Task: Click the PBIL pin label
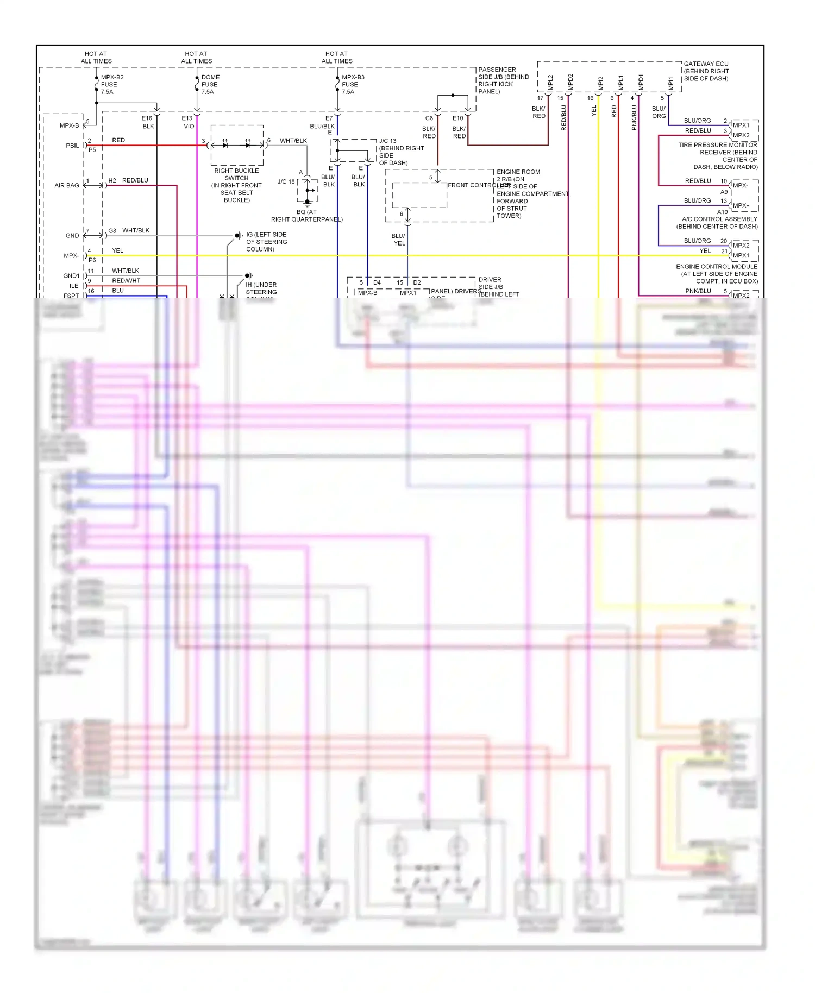pos(72,146)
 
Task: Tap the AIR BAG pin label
pos(66,185)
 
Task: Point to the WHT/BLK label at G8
pos(136,230)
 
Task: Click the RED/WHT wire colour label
pos(126,281)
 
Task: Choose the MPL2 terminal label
pos(550,83)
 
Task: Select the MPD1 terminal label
pos(641,83)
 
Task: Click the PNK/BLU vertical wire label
pos(634,117)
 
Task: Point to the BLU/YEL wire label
pos(398,240)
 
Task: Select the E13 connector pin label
pos(187,118)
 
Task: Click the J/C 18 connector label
pos(286,181)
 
